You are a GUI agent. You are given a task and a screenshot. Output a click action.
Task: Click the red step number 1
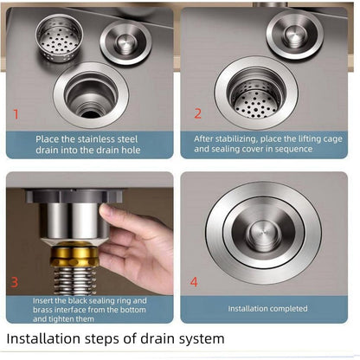(16, 114)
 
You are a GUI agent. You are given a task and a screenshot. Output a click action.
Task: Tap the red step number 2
(197, 113)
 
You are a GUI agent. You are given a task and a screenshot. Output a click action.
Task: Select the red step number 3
(15, 282)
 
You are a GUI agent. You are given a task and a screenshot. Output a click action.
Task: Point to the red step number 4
(194, 282)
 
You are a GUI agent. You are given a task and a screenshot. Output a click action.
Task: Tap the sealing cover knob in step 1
(125, 42)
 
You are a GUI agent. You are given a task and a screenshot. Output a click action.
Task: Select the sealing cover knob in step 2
(294, 35)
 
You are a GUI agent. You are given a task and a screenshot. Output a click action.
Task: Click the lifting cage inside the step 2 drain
(255, 97)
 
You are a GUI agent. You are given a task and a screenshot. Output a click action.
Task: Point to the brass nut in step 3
(74, 254)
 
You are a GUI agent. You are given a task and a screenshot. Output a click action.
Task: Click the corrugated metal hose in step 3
(75, 280)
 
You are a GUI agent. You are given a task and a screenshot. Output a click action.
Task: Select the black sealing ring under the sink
(74, 196)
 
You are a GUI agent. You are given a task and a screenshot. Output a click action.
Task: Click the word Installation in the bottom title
(43, 338)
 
